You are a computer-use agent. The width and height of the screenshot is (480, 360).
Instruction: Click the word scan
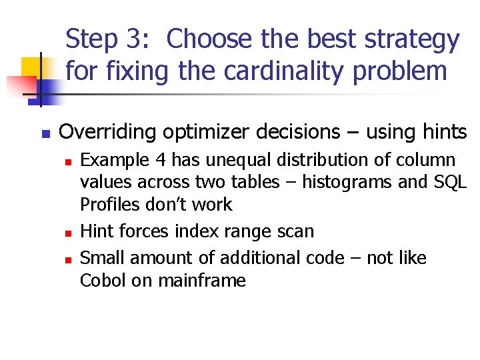(296, 231)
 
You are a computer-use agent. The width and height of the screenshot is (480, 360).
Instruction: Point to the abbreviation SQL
(449, 182)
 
